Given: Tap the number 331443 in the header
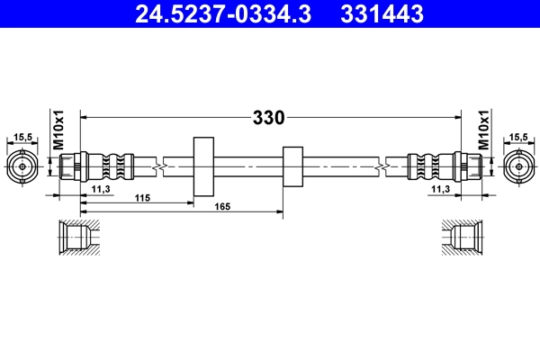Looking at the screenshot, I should (x=382, y=14).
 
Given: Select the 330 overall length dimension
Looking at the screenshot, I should (x=267, y=117).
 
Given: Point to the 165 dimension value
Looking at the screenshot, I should (x=223, y=208).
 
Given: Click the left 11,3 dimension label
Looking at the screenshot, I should (x=101, y=189).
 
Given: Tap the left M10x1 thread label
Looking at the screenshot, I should (x=58, y=130).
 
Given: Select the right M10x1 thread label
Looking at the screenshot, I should (x=483, y=130).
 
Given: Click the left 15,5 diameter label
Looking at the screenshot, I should (x=23, y=137).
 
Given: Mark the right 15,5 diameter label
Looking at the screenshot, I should (x=517, y=137).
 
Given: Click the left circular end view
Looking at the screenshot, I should (x=23, y=166).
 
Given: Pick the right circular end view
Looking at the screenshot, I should (x=517, y=166).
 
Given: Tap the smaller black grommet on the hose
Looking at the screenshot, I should (x=292, y=166).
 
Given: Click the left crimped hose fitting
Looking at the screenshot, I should (x=99, y=166).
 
